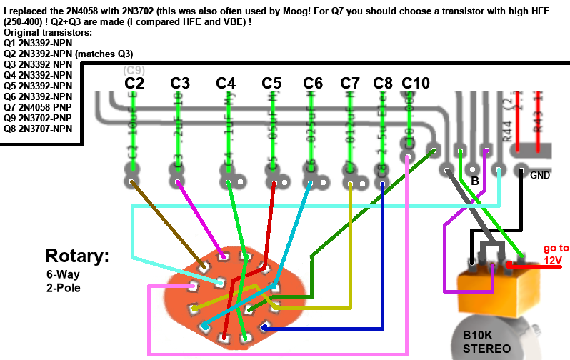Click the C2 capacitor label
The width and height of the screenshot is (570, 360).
(x=134, y=84)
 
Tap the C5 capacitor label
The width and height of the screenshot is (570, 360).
(x=272, y=84)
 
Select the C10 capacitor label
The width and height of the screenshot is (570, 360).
(x=416, y=84)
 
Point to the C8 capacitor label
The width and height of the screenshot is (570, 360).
(x=383, y=84)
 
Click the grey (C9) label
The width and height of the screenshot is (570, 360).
(x=134, y=70)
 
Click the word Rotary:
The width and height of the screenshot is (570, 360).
(x=76, y=256)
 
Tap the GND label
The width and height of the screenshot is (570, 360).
(x=541, y=174)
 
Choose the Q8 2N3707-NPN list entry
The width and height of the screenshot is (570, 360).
(x=38, y=129)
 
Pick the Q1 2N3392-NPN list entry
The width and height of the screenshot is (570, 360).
(x=38, y=43)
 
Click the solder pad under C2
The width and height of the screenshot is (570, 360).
(x=132, y=182)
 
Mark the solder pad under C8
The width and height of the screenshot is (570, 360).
(x=383, y=184)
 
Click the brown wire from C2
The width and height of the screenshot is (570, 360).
(x=166, y=222)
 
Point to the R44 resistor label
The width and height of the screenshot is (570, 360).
(x=508, y=130)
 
